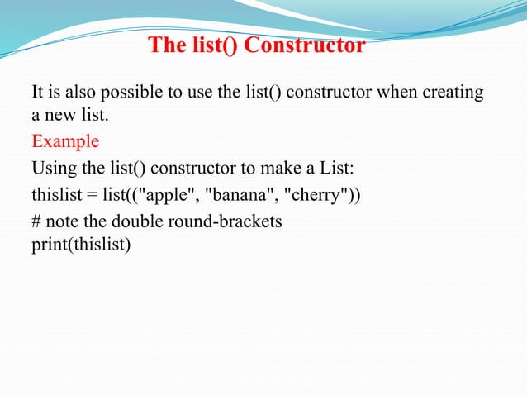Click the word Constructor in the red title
307,45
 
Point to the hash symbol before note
36,222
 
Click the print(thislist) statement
81,245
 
